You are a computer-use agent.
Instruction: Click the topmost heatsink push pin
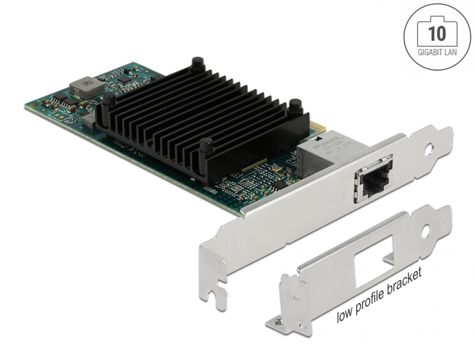tap(197, 63)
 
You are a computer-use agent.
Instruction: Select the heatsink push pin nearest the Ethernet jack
tap(295, 105)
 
